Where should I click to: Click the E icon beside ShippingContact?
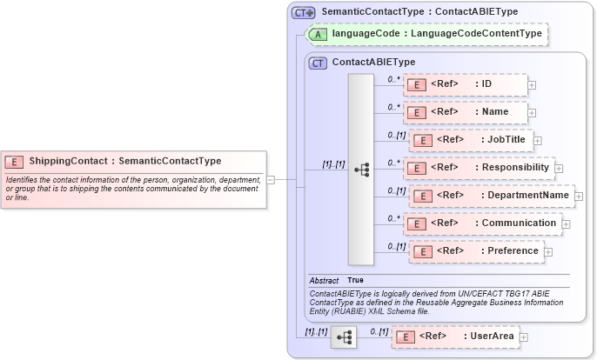pyautogui.click(x=15, y=161)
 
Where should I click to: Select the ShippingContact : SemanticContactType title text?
pyautogui.click(x=125, y=161)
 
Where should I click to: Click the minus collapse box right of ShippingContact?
pyautogui.click(x=271, y=180)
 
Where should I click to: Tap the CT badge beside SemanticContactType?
pyautogui.click(x=303, y=12)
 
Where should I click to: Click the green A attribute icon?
pyautogui.click(x=319, y=34)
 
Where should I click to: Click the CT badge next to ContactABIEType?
pyautogui.click(x=319, y=63)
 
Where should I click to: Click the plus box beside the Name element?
pyautogui.click(x=532, y=113)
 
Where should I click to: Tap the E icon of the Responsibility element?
pyautogui.click(x=416, y=168)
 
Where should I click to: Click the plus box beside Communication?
pyautogui.click(x=567, y=223)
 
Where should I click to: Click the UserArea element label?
pyautogui.click(x=493, y=336)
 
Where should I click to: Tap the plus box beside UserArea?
pyautogui.click(x=524, y=337)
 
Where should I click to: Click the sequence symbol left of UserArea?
pyautogui.click(x=344, y=337)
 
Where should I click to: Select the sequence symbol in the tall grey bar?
pyautogui.click(x=362, y=170)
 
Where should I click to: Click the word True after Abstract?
pyautogui.click(x=355, y=281)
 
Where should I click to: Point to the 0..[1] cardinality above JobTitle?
pyautogui.click(x=397, y=135)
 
